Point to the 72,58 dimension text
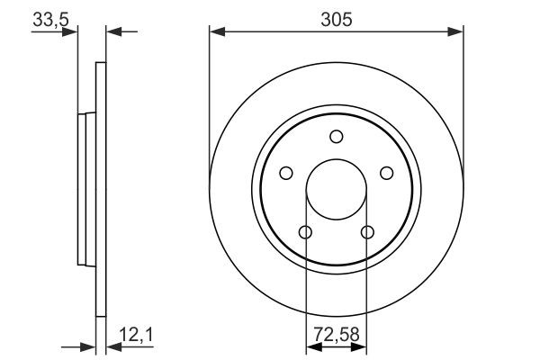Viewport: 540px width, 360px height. pyautogui.click(x=336, y=334)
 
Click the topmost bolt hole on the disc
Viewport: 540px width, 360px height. pyautogui.click(x=337, y=137)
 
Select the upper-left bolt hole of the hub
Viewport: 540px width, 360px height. pyautogui.click(x=286, y=173)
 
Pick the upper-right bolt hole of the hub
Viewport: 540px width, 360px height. pyautogui.click(x=386, y=173)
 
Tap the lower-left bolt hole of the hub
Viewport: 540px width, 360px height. pyautogui.click(x=305, y=233)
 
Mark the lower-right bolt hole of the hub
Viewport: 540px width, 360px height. pyautogui.click(x=366, y=233)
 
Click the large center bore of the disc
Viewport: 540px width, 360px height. pyautogui.click(x=336, y=190)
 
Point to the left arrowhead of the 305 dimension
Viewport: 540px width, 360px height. pyautogui.click(x=216, y=33)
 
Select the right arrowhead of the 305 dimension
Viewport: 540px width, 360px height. pyautogui.click(x=457, y=33)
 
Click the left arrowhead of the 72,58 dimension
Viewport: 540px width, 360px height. pyautogui.click(x=311, y=346)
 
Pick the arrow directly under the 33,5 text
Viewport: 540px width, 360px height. pyautogui.click(x=70, y=33)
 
